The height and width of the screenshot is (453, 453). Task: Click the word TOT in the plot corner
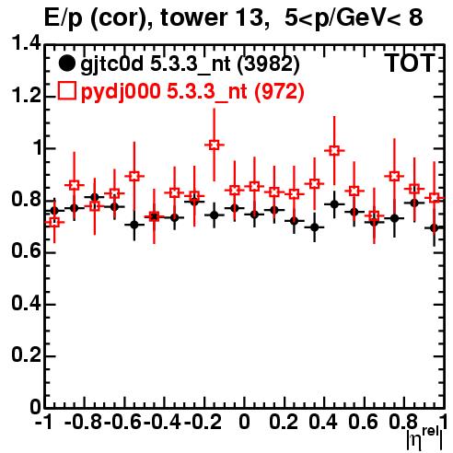coord(410,63)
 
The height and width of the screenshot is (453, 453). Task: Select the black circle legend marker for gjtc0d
coord(66,64)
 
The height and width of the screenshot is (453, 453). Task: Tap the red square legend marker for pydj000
coord(66,91)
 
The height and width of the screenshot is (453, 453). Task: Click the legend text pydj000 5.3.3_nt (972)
coord(192,92)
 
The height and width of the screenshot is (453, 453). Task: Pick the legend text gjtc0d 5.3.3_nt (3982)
coord(190,65)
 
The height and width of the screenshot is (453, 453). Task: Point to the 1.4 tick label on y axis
coord(26,43)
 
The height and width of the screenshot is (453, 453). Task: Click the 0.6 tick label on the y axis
coord(26,251)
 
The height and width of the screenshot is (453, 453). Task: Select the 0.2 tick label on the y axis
coord(26,354)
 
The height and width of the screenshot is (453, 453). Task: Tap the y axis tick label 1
coord(38,147)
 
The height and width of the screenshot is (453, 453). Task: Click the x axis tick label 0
coord(244,422)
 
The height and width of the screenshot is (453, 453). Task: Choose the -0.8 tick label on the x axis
coord(84,422)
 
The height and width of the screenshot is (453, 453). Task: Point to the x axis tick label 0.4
coord(323,422)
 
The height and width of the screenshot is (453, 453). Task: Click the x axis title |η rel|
coord(425,437)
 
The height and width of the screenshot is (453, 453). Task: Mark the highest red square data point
coord(215,145)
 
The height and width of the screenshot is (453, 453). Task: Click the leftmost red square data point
coord(54,222)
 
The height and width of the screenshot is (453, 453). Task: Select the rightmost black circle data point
coord(434,228)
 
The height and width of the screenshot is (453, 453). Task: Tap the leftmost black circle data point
coord(54,211)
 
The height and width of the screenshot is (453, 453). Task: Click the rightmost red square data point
coord(435,198)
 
